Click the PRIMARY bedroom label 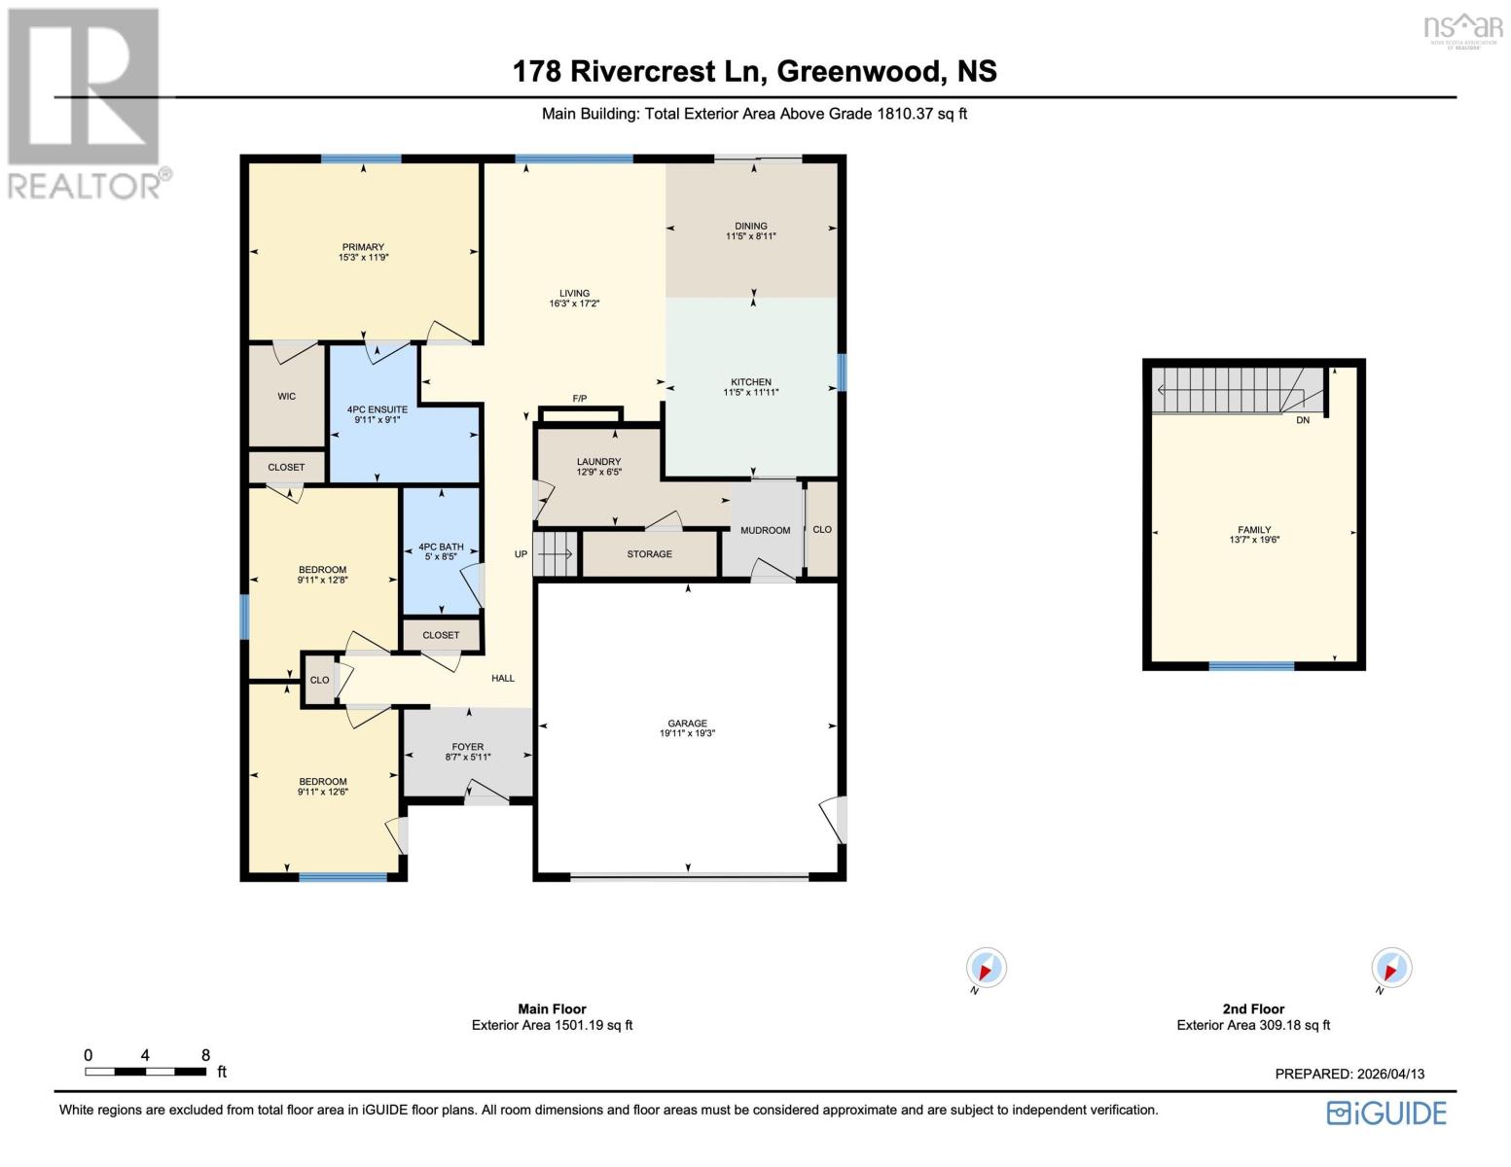tap(363, 247)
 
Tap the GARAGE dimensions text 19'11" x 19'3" tap(687, 734)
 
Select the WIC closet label tap(286, 397)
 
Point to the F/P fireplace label tap(580, 399)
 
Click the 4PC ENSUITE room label tap(378, 410)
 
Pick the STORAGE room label tap(649, 554)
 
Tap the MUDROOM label tap(765, 530)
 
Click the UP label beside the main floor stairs tap(521, 554)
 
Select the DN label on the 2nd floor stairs tap(1302, 420)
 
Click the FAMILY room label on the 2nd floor tap(1254, 530)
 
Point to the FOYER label tap(468, 747)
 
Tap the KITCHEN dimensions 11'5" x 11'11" tap(751, 393)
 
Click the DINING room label tap(751, 226)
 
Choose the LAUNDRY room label tap(598, 462)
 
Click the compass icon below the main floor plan tap(986, 969)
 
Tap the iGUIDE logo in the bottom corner tap(1386, 1113)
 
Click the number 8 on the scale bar tap(205, 1055)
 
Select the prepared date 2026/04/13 tap(1390, 1074)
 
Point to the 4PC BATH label tap(441, 548)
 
